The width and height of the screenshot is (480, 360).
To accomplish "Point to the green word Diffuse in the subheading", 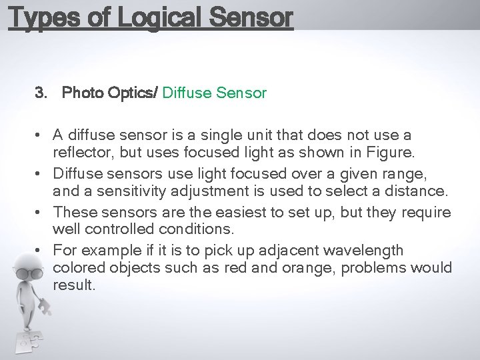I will point(187,93).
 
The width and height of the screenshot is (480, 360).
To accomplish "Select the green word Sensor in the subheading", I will point(241,93).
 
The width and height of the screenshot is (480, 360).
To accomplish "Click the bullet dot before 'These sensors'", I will point(41,213).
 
